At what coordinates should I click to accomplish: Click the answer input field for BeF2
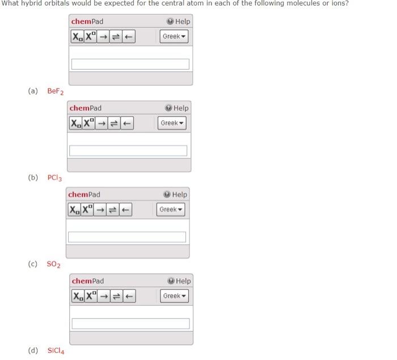click(130, 64)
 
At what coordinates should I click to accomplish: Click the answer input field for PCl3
click(128, 151)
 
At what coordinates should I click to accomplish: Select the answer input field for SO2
click(126, 237)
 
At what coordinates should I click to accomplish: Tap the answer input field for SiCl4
click(130, 324)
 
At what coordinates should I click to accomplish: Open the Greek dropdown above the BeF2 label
click(174, 36)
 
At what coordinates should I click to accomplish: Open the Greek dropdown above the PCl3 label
click(172, 123)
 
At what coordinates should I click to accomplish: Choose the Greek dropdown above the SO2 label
click(171, 209)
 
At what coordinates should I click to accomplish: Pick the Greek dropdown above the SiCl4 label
click(174, 296)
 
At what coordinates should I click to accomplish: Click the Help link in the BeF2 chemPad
click(179, 22)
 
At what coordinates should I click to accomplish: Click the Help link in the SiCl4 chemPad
click(179, 281)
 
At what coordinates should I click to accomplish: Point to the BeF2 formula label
click(55, 91)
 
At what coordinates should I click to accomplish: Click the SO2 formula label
click(54, 264)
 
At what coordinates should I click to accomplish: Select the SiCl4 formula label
click(56, 350)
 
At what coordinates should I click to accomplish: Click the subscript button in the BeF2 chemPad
click(77, 37)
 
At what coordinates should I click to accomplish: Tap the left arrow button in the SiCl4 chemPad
click(130, 297)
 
